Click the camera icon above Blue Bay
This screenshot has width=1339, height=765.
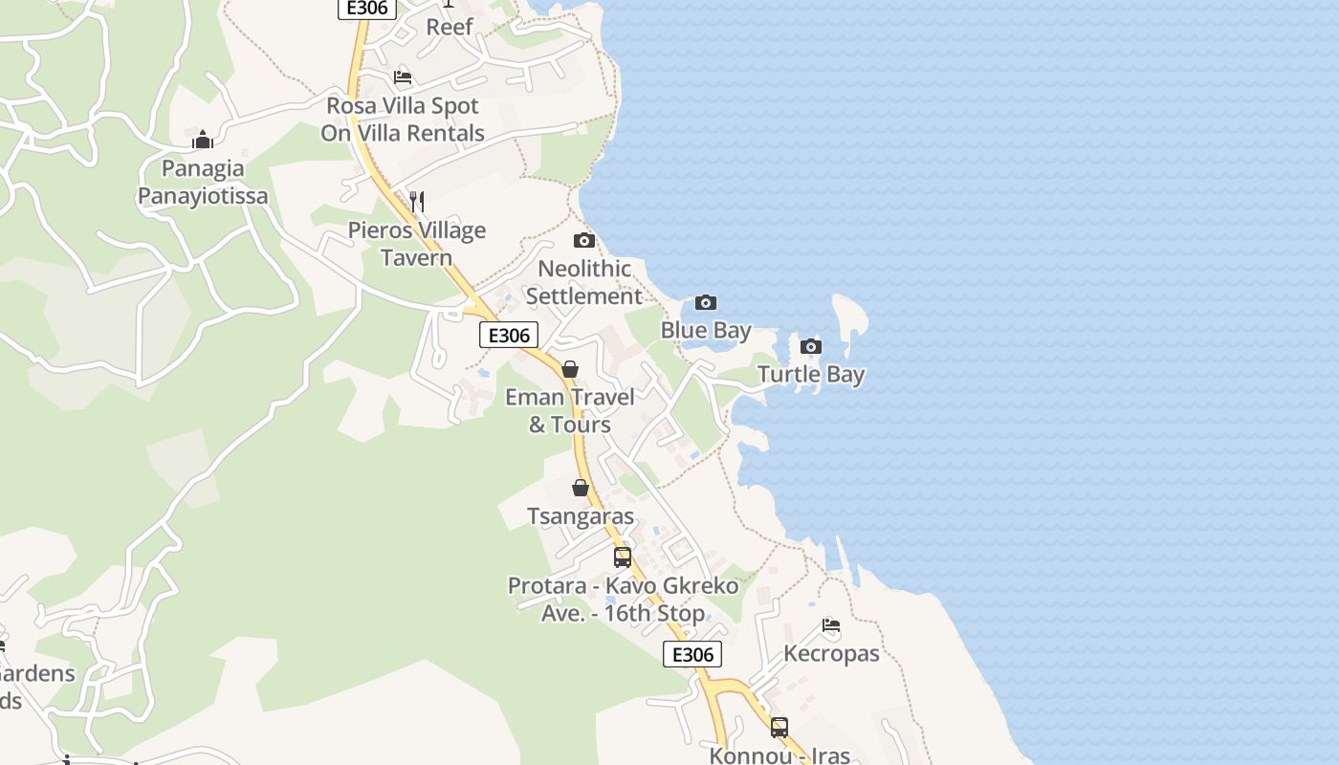(x=706, y=303)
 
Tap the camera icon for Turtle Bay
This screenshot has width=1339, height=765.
(x=811, y=346)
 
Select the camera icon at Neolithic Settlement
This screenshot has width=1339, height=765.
(x=583, y=240)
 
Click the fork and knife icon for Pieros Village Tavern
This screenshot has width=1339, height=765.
(x=416, y=201)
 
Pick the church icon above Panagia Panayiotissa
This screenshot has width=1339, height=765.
(x=203, y=140)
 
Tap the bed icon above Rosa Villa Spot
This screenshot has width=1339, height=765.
(x=403, y=77)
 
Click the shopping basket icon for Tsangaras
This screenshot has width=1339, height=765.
(x=580, y=488)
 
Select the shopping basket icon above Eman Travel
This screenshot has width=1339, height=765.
(x=570, y=369)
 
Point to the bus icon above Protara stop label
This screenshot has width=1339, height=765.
(x=623, y=557)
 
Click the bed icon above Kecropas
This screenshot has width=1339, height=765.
(x=831, y=625)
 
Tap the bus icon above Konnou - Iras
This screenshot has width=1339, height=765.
(x=779, y=727)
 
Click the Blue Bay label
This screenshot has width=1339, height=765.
(x=706, y=331)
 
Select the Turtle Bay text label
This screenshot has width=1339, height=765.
(x=811, y=375)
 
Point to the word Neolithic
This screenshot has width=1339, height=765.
(x=583, y=269)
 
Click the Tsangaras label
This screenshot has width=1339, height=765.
(x=580, y=516)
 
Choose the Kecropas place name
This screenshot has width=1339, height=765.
(x=831, y=654)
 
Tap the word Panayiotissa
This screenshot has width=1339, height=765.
(x=203, y=197)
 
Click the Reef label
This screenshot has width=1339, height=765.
(x=450, y=27)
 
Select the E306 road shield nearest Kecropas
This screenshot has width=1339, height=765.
(x=692, y=654)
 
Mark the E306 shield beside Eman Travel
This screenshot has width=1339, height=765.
(x=509, y=335)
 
